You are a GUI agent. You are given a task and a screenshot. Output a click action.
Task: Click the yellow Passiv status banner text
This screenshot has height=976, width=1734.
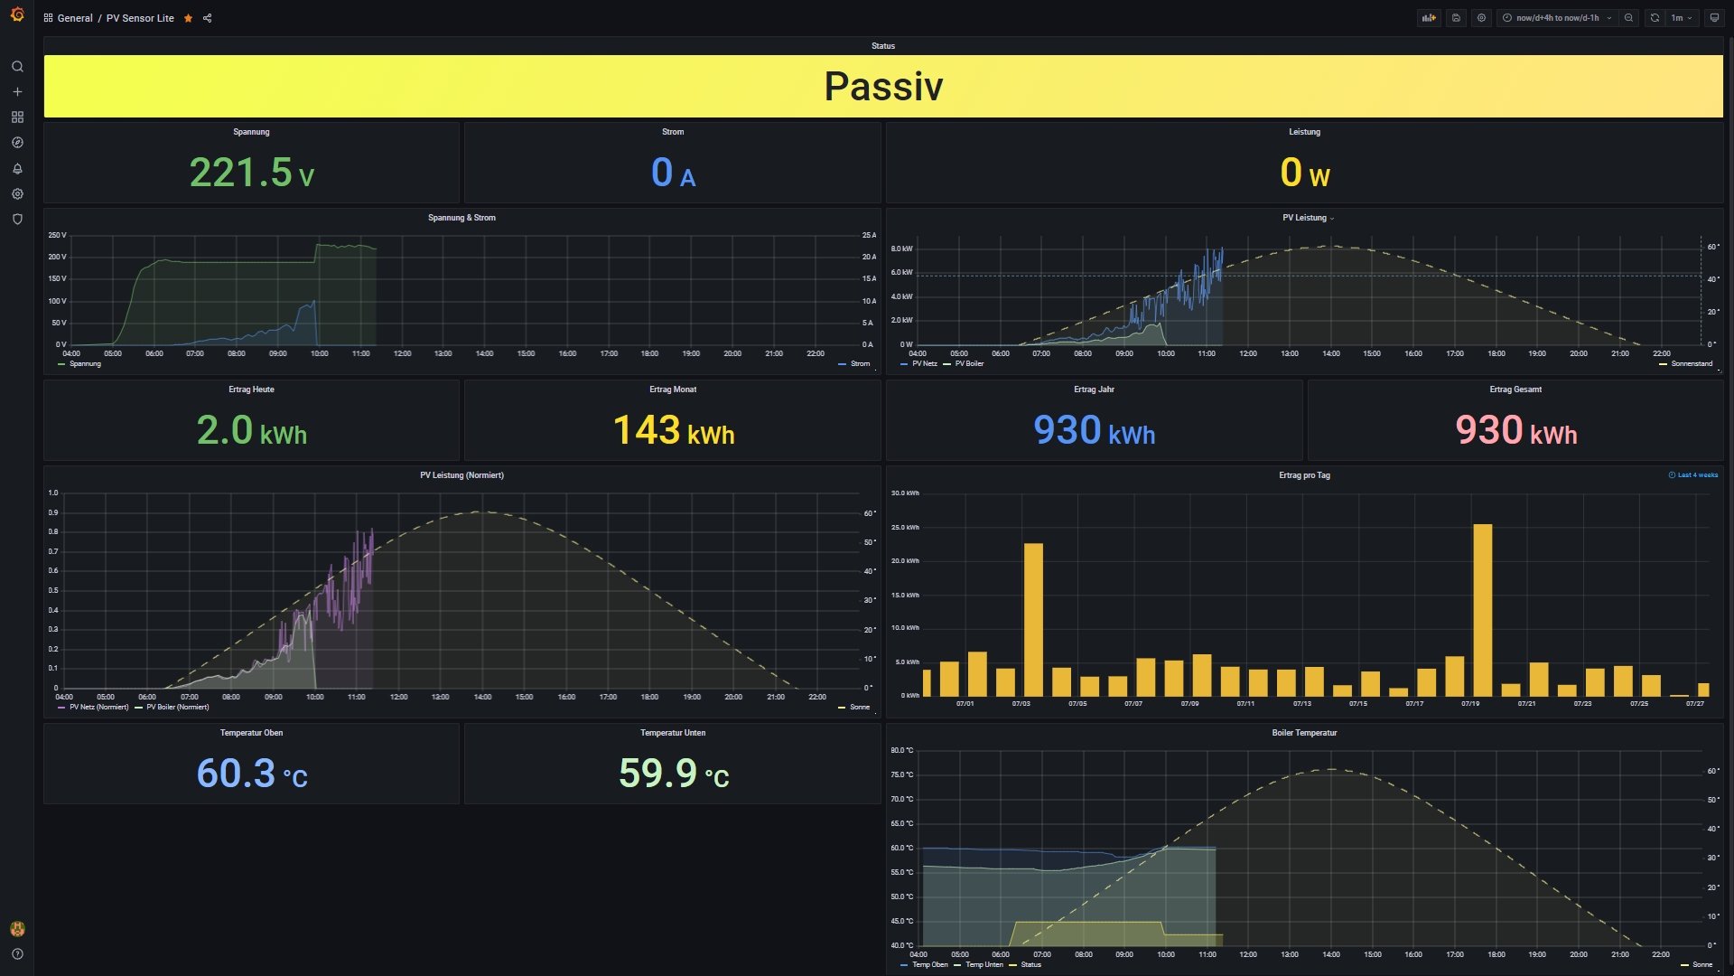(x=883, y=87)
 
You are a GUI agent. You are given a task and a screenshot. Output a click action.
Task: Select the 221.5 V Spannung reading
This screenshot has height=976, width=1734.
(x=251, y=173)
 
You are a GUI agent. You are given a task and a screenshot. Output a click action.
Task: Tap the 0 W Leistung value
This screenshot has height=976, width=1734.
(x=1304, y=173)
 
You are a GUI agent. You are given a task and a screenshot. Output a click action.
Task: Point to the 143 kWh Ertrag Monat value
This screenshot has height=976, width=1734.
(x=673, y=430)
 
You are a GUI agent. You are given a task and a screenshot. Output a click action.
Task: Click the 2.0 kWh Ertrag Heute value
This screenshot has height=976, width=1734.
(x=251, y=430)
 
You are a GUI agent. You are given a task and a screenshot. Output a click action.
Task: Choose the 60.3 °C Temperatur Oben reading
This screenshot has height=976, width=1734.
(x=251, y=774)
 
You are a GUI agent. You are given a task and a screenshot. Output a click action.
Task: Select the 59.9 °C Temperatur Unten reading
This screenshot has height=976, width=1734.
(x=673, y=774)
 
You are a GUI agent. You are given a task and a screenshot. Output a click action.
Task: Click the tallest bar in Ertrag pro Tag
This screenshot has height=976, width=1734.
(x=1482, y=609)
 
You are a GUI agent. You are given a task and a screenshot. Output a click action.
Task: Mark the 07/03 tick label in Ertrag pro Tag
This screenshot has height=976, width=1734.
(x=1021, y=704)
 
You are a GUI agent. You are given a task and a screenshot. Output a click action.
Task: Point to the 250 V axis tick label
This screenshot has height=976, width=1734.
(x=57, y=235)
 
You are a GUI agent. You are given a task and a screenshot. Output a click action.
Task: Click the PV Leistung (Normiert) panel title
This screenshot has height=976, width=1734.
(x=461, y=475)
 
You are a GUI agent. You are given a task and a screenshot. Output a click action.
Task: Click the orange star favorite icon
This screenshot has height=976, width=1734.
(x=188, y=18)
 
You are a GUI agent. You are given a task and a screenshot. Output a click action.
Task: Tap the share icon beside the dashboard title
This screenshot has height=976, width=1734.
(x=208, y=18)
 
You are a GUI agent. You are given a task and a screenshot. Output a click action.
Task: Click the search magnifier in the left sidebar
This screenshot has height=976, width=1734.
(x=17, y=67)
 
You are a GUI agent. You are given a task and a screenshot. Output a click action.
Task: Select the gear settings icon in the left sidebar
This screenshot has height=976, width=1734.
(x=17, y=194)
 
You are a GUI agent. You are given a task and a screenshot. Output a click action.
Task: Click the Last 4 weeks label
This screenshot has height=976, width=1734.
(x=1697, y=475)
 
